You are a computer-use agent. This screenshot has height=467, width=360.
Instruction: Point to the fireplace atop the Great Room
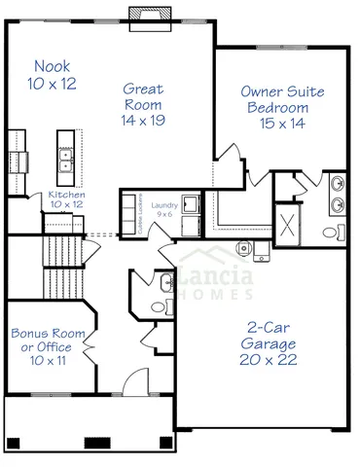coord(150,18)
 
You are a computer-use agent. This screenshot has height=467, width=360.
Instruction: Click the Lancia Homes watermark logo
coord(218,281)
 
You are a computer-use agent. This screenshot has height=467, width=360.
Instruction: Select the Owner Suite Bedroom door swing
coord(231,156)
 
